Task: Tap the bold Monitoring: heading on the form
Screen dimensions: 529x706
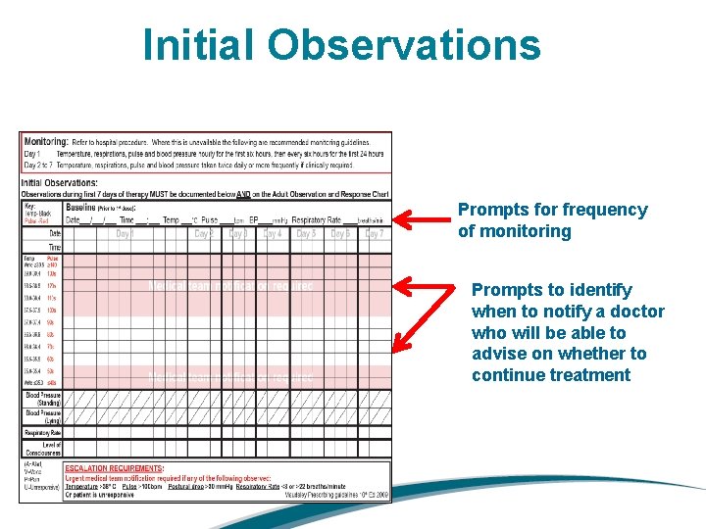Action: click(x=46, y=141)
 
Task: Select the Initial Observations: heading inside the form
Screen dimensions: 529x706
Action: click(x=59, y=182)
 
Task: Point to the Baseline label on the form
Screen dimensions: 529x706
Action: click(x=84, y=208)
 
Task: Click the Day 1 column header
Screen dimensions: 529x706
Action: click(x=126, y=234)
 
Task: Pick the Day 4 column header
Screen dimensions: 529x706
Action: click(x=273, y=234)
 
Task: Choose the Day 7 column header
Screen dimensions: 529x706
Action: click(x=374, y=234)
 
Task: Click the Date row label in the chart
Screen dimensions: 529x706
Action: click(x=54, y=234)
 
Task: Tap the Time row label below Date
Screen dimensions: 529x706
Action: click(x=54, y=249)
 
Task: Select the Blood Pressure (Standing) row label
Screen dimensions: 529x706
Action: click(x=43, y=399)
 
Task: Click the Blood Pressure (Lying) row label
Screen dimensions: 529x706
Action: click(x=43, y=415)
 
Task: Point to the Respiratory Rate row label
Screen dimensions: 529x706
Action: click(x=43, y=432)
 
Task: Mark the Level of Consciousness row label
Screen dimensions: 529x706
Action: click(x=43, y=449)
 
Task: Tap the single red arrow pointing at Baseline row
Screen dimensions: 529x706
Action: click(x=422, y=220)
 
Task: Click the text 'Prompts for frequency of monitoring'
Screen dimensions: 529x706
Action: click(x=553, y=220)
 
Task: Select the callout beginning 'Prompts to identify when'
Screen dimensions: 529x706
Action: click(x=567, y=332)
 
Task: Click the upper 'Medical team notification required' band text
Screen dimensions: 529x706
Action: click(x=230, y=286)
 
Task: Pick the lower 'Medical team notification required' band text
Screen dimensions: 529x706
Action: click(x=230, y=377)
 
